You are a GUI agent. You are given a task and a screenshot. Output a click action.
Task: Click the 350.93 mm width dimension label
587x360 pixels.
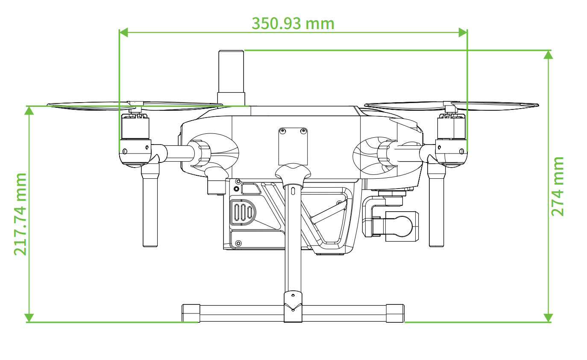[293, 24]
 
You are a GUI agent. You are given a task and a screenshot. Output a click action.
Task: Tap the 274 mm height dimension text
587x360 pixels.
[557, 186]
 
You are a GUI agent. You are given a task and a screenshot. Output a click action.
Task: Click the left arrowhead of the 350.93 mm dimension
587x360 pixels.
[123, 32]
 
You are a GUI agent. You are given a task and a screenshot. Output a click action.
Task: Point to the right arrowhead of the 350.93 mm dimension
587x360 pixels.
[463, 32]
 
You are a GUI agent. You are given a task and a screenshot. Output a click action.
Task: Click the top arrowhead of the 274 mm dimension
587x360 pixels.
[548, 55]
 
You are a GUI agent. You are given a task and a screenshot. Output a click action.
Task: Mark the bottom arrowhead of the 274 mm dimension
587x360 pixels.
[548, 318]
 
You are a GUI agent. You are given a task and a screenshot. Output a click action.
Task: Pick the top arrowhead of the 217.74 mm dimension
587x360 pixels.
[29, 111]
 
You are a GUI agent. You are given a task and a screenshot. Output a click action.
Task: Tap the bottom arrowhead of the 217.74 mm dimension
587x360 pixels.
[29, 318]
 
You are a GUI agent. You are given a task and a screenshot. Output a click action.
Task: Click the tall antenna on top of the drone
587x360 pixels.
[231, 78]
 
